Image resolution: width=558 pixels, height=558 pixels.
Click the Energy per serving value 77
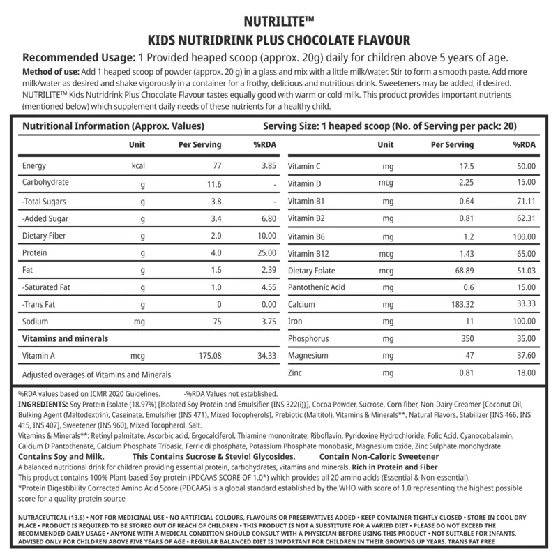click(216, 167)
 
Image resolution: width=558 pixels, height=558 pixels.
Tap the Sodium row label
click(36, 322)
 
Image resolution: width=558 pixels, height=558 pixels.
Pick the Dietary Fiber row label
click(45, 236)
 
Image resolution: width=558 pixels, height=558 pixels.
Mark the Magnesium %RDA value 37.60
click(524, 355)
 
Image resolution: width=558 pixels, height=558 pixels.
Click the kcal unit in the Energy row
click(137, 167)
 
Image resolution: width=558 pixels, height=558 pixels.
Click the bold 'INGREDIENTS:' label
click(42, 405)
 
